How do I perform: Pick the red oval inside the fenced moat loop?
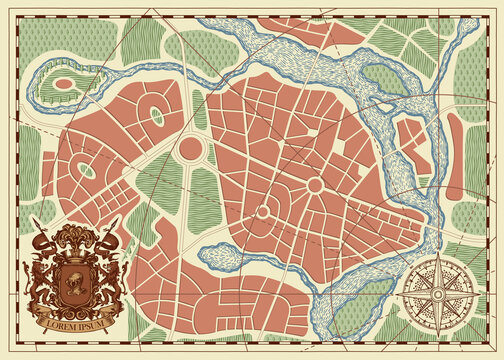[64, 84]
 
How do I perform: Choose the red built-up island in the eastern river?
[410, 140]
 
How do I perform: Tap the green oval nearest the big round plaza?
[157, 117]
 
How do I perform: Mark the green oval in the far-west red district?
[87, 170]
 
